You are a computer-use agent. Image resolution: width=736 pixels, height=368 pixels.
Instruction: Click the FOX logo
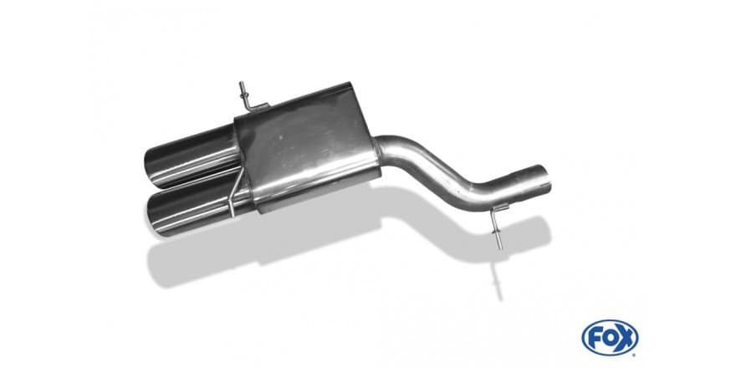click(610, 338)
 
